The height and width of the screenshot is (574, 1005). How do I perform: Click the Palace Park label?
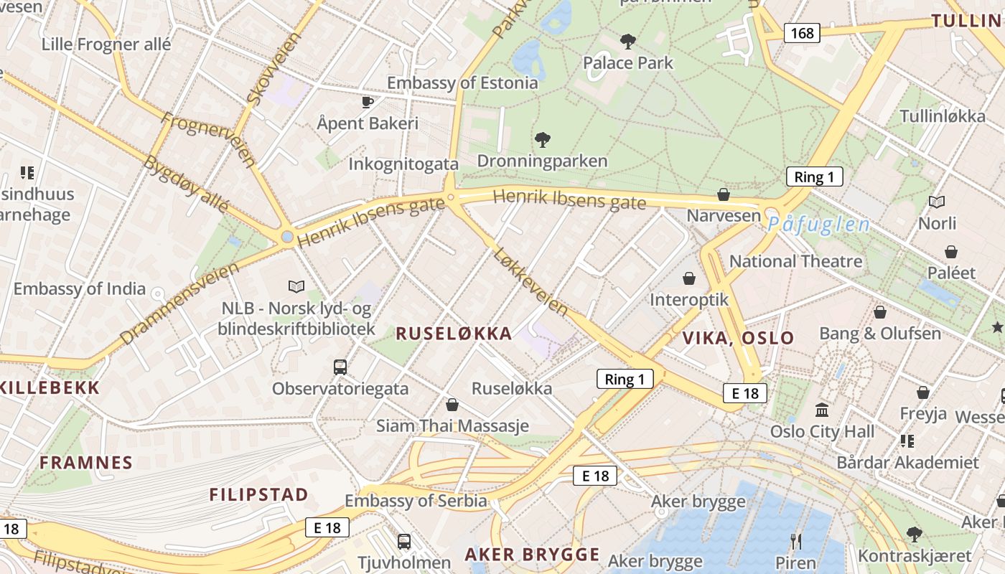pyautogui.click(x=628, y=63)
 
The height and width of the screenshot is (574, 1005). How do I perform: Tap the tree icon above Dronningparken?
pyautogui.click(x=543, y=139)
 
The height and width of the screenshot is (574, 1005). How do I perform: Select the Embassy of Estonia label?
pyautogui.click(x=462, y=83)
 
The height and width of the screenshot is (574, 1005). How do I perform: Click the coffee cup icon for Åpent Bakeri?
pyautogui.click(x=368, y=102)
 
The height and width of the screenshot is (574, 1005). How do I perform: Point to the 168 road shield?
pyautogui.click(x=802, y=33)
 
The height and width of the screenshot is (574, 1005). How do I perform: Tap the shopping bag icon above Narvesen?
pyautogui.click(x=724, y=194)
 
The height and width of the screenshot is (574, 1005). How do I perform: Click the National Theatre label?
pyautogui.click(x=795, y=261)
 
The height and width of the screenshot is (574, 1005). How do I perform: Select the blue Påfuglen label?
pyautogui.click(x=818, y=225)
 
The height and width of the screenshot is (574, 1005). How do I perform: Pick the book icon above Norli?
pyautogui.click(x=937, y=202)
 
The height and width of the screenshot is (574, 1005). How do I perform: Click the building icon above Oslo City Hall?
pyautogui.click(x=822, y=410)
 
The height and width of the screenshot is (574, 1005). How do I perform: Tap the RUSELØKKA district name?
pyautogui.click(x=454, y=333)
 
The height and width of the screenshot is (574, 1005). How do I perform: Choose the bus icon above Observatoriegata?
pyautogui.click(x=340, y=367)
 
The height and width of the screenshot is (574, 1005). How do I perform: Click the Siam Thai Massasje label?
pyautogui.click(x=452, y=425)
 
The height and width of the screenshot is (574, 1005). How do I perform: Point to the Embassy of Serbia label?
pyautogui.click(x=416, y=500)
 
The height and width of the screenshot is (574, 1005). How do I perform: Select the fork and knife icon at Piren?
pyautogui.click(x=795, y=541)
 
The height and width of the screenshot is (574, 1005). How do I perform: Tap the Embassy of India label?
pyautogui.click(x=80, y=289)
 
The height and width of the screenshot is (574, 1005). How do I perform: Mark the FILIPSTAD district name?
pyautogui.click(x=258, y=494)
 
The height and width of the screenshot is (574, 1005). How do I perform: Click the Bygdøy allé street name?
pyautogui.click(x=185, y=183)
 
